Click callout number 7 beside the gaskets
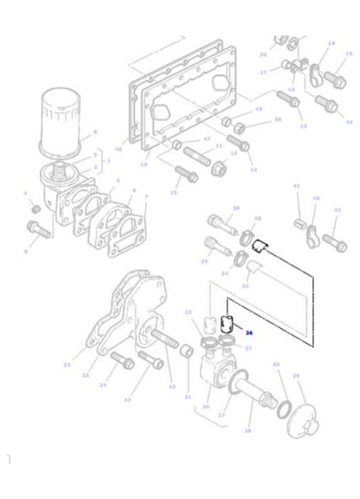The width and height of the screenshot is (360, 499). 146,197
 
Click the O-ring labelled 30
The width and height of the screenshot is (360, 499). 283,405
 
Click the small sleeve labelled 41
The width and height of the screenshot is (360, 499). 298,224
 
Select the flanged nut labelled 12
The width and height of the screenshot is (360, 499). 219,166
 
